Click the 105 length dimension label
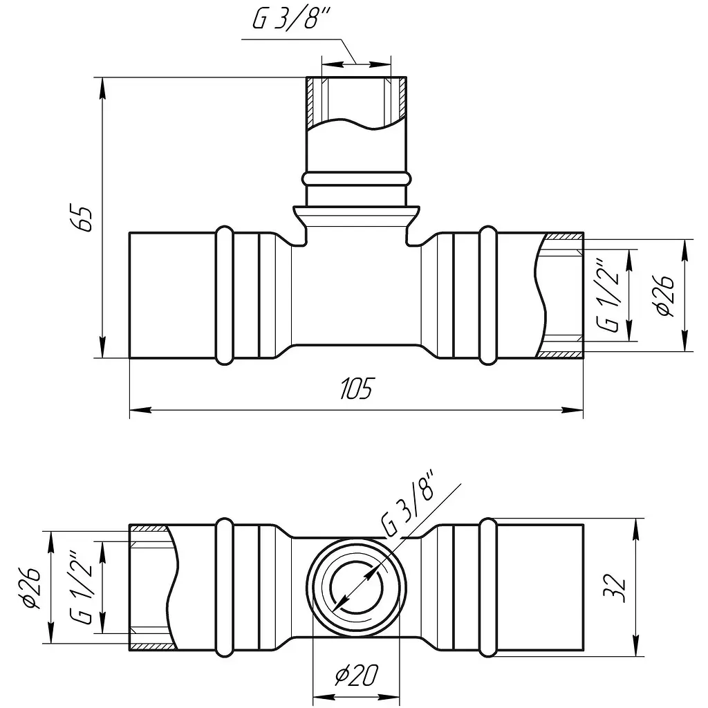click(x=357, y=389)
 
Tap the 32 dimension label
click(x=615, y=588)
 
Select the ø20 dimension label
click(x=357, y=675)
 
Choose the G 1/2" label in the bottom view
click(x=82, y=588)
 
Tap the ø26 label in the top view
click(x=666, y=295)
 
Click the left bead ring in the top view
click(x=225, y=295)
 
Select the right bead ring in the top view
click(x=487, y=295)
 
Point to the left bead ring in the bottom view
click(x=225, y=588)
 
